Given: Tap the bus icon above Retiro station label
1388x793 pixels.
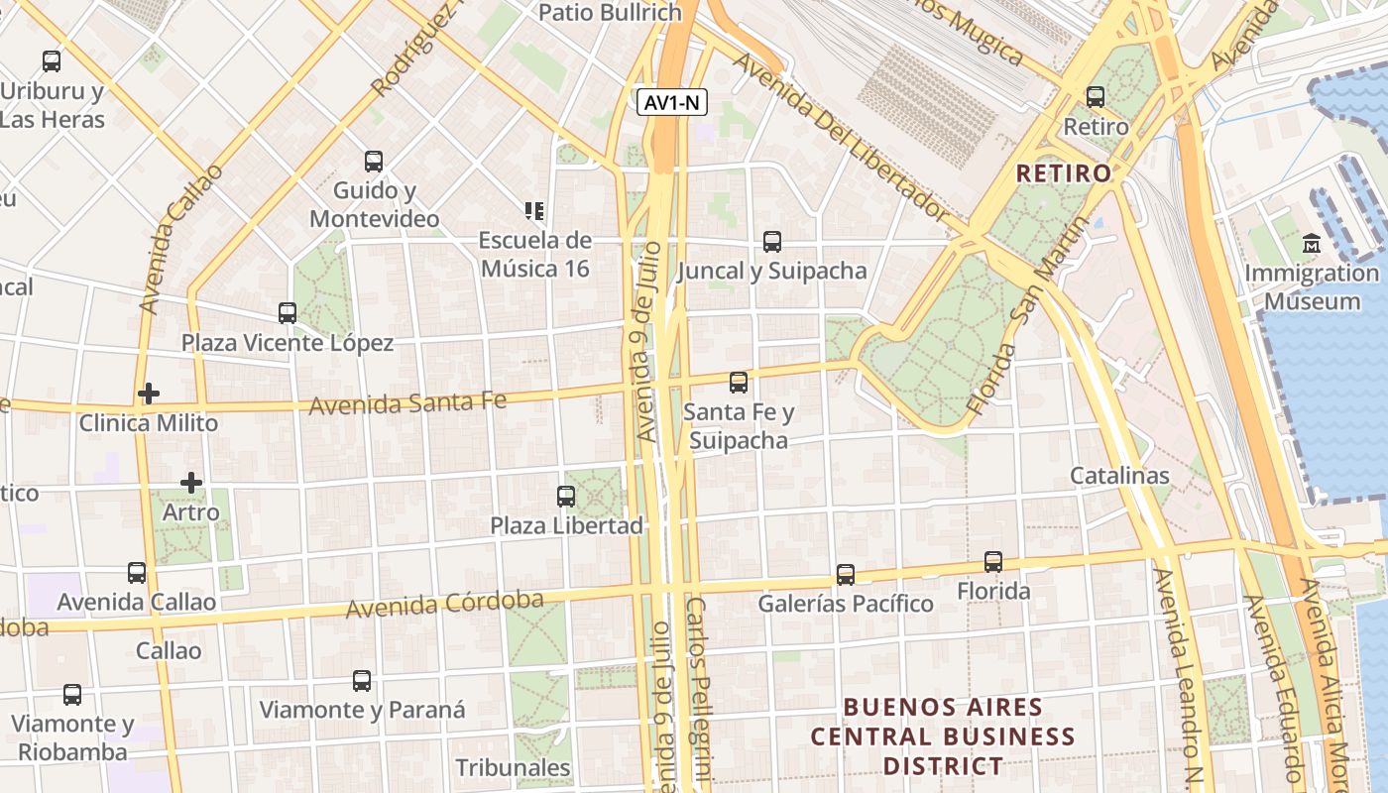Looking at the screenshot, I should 1096,97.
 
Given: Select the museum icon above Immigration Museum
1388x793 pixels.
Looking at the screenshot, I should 1312,243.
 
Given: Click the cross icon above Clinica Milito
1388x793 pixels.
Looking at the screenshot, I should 149,394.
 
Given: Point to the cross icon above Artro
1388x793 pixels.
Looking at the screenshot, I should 191,483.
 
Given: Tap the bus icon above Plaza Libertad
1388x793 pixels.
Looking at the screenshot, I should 566,496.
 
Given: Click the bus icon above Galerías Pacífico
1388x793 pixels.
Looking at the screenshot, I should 846,574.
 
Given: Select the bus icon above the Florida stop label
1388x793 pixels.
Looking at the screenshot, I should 993,562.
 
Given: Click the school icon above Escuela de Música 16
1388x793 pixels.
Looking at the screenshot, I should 534,210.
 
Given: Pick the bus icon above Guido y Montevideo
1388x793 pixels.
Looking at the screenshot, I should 374,161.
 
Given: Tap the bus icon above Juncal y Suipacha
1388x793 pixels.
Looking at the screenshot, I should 772,241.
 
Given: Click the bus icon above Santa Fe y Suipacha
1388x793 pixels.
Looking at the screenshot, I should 739,382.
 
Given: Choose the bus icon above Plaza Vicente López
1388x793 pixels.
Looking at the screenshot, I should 288,313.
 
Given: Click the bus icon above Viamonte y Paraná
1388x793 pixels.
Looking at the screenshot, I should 362,681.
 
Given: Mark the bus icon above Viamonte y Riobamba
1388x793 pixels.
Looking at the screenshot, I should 72,695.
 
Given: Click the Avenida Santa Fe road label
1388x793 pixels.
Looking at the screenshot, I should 407,403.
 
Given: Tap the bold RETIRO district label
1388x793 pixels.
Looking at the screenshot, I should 1064,173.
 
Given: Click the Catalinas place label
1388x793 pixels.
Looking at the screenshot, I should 1119,476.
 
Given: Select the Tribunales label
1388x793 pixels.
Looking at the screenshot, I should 513,768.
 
